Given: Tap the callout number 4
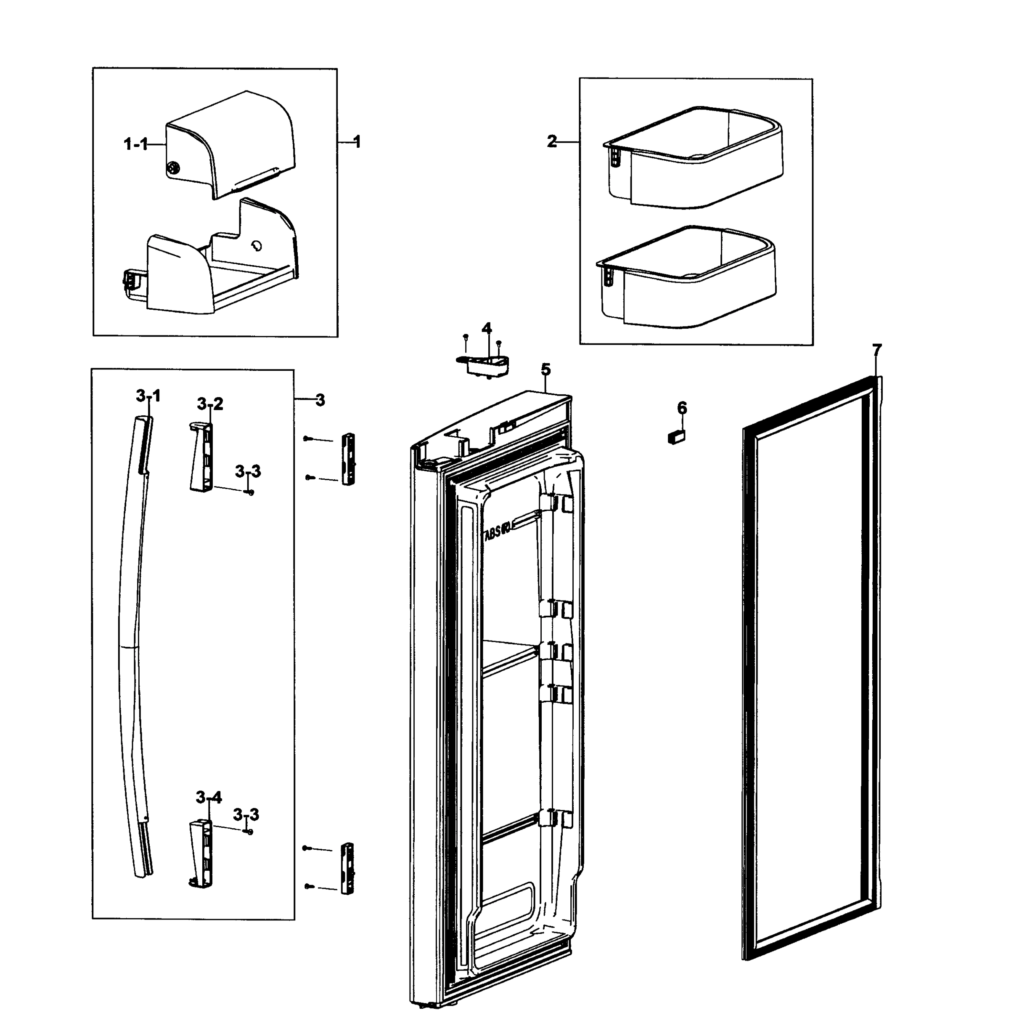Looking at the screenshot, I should tap(486, 328).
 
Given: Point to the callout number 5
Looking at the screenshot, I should tap(545, 369).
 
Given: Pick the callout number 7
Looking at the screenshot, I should tap(877, 350).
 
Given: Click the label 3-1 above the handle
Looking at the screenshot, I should tap(148, 395).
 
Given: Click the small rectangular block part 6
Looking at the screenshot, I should tap(676, 437).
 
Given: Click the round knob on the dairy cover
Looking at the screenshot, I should tap(173, 169).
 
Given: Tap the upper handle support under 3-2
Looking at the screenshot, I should tap(201, 457).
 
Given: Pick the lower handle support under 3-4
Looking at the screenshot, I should tap(201, 853).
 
